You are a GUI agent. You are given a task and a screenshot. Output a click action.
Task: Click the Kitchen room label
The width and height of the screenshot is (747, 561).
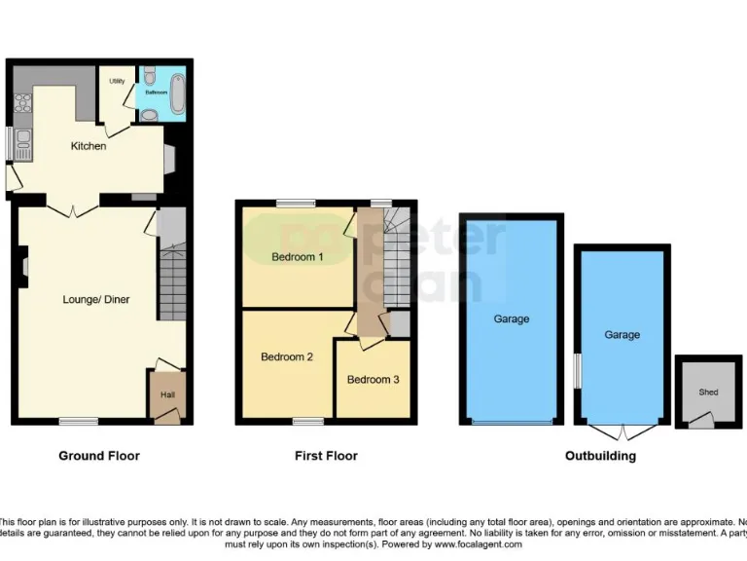pos(89,146)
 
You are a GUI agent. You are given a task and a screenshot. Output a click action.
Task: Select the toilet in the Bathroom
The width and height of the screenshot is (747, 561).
pos(149,114)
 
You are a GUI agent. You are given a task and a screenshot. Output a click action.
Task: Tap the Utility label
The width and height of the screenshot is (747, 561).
pos(117,81)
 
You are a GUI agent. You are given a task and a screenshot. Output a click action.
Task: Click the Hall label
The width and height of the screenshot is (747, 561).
pos(167,394)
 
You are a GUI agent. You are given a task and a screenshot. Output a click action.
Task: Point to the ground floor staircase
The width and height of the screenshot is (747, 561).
pos(172,280)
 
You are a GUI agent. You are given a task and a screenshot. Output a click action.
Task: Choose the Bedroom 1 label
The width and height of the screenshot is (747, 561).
pos(297,257)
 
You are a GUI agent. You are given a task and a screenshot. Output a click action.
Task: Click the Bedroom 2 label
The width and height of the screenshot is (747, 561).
pos(287,357)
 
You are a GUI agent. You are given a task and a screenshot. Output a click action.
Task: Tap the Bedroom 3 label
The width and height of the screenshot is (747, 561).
pos(373,380)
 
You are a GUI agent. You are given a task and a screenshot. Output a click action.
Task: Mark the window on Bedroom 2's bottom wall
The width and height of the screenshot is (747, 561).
pos(308,422)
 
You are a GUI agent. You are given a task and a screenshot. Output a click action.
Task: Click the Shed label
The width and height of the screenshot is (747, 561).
pos(707,393)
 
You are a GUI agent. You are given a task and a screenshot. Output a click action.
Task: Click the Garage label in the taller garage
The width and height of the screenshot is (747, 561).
pos(512,318)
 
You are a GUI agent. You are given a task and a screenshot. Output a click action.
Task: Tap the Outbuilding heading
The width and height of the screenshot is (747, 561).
pos(600,456)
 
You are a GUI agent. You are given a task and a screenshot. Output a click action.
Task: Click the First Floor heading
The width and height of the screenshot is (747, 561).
pos(326,456)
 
